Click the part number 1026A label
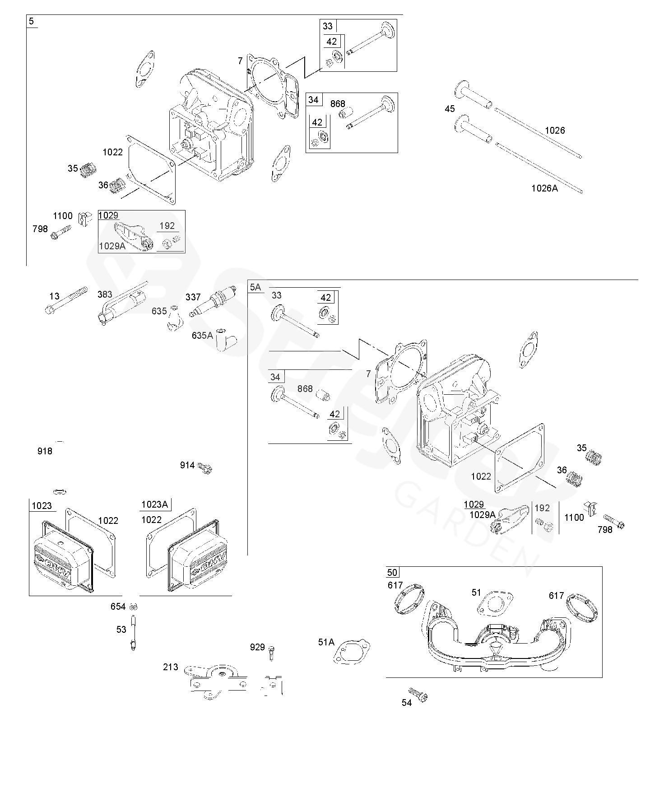[544, 188]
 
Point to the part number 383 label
[105, 294]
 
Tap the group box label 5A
[255, 287]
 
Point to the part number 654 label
[118, 607]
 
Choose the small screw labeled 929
[271, 653]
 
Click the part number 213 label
[171, 667]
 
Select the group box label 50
[392, 573]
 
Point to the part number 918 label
[45, 451]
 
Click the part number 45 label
[450, 109]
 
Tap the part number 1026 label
[555, 131]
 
